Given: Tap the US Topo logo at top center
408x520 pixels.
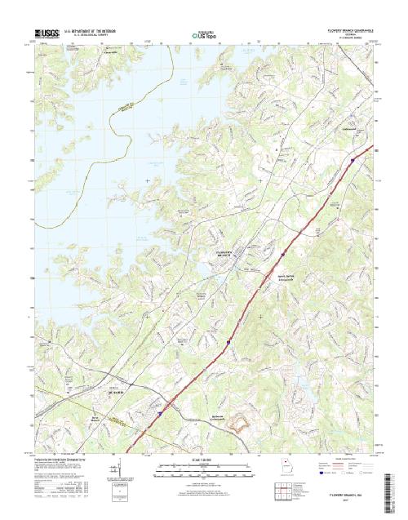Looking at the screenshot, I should (x=204, y=35).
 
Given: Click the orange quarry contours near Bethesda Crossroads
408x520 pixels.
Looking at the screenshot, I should (x=242, y=423).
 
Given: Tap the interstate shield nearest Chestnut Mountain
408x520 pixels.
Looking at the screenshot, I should (x=352, y=160).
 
